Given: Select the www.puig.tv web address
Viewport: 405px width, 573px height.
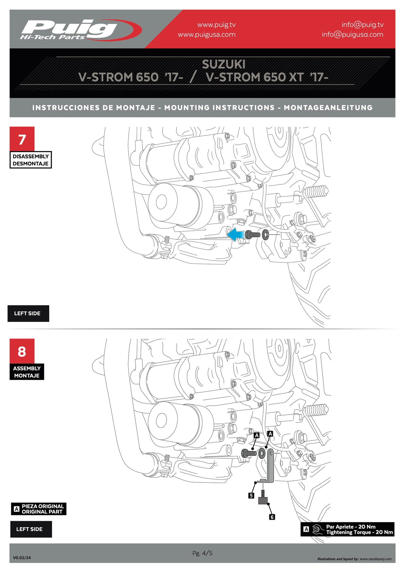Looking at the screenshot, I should click(216, 25).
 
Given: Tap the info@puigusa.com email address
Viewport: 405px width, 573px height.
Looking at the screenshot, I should click(352, 34).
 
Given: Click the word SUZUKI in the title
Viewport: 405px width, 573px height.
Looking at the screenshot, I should click(223, 64).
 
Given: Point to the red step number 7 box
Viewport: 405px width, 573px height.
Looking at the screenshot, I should click(22, 139).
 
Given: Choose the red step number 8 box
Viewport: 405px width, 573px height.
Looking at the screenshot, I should click(22, 351).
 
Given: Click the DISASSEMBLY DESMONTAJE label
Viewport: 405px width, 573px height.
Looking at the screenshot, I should click(31, 160).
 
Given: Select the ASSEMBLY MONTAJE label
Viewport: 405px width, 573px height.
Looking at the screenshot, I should click(27, 372).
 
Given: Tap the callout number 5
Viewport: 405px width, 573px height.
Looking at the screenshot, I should click(251, 495).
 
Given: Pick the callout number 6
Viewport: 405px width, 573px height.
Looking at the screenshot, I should click(272, 517).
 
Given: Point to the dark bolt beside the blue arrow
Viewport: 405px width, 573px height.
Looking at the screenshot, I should click(252, 234).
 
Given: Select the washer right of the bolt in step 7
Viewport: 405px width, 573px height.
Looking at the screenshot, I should click(265, 234).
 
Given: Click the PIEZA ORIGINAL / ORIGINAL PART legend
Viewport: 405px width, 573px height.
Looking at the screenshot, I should click(39, 509).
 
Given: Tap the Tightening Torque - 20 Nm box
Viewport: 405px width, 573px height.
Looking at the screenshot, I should click(347, 529).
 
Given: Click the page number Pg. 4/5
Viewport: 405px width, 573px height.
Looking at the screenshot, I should click(202, 553).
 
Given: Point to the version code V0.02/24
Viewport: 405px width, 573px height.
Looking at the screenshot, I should click(22, 558).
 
